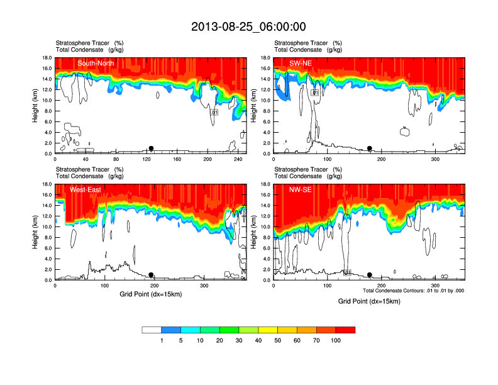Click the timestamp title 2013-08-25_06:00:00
tap(248, 26)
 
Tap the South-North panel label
tap(95, 64)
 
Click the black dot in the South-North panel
tap(151, 148)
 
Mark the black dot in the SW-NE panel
tap(370, 148)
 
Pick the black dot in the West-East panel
tap(151, 275)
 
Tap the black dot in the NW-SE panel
tap(370, 275)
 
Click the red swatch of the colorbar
tap(345, 330)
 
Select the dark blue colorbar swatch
tap(171, 330)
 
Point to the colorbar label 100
tap(336, 340)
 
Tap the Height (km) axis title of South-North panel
tap(36, 105)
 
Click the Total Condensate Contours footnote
tap(413, 291)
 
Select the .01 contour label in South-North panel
tap(214, 112)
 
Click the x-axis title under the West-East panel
tap(150, 294)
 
